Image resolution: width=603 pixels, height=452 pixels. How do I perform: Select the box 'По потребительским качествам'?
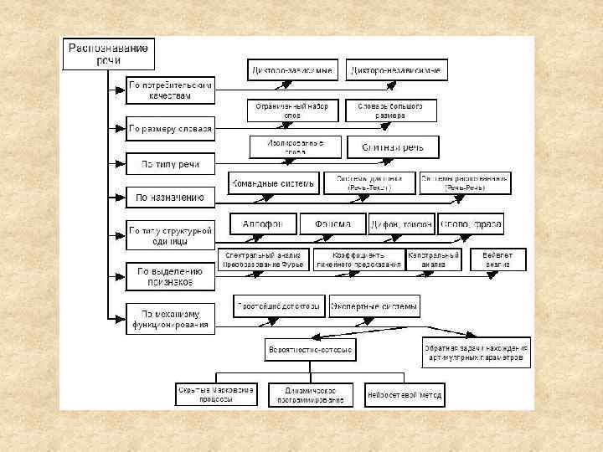coord(171,90)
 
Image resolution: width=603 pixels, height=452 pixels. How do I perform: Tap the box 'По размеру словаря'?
coord(171,129)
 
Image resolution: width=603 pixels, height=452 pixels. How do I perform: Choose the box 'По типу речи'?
coord(170,163)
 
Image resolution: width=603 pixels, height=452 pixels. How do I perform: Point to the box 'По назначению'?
coord(170,198)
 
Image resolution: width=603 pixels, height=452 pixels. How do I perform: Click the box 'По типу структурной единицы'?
coord(171,234)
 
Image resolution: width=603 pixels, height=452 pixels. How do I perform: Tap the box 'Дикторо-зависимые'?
coord(292,70)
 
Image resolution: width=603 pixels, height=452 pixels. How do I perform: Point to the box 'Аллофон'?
coord(263,224)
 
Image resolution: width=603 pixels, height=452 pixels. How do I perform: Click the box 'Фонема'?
coord(332,224)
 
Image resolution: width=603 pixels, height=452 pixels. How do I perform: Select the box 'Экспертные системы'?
coord(374,307)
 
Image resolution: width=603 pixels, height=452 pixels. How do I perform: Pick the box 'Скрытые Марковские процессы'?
coord(217,393)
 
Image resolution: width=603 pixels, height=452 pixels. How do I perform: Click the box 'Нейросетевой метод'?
coord(405,393)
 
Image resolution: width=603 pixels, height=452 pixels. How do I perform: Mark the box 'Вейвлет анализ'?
coord(498,259)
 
